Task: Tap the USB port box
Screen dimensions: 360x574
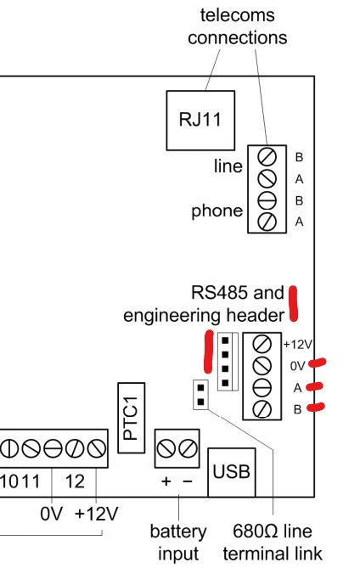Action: point(232,472)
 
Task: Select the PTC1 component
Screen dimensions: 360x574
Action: point(131,418)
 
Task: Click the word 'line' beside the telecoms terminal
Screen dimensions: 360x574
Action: point(228,166)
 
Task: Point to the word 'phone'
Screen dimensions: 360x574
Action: point(217,211)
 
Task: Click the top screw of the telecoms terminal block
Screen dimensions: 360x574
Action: point(267,157)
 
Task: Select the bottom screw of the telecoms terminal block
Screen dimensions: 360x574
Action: point(267,222)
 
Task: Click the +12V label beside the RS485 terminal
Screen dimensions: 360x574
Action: point(297,345)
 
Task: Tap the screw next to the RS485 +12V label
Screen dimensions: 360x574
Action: point(262,344)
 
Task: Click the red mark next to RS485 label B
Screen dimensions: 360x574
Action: point(316,407)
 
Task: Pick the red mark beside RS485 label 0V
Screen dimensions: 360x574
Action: point(318,363)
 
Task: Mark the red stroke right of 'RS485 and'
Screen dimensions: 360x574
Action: point(293,303)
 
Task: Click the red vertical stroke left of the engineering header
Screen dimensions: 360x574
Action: point(208,352)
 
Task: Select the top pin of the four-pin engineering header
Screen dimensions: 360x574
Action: point(225,340)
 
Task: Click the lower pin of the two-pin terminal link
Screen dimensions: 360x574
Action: point(200,402)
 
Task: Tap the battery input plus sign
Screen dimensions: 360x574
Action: point(166,481)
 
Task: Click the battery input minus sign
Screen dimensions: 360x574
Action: point(187,481)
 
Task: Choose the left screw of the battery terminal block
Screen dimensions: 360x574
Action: point(166,448)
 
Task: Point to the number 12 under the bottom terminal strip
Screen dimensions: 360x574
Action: point(75,481)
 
